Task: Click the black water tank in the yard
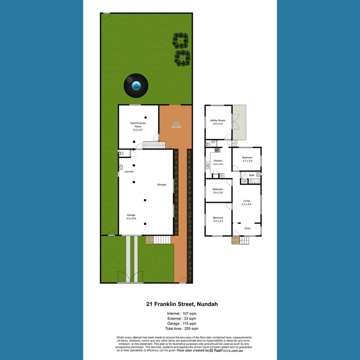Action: [136, 86]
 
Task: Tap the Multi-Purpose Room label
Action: [138, 126]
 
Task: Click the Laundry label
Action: [129, 172]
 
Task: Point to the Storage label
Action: [161, 185]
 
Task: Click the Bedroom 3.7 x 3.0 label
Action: [247, 159]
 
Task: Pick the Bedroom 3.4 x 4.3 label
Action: [218, 220]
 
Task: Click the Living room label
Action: [246, 202]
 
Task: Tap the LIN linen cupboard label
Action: [244, 181]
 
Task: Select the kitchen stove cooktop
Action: [217, 150]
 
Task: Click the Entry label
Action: [248, 228]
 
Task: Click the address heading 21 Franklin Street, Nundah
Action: [182, 304]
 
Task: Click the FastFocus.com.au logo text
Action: [228, 351]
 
